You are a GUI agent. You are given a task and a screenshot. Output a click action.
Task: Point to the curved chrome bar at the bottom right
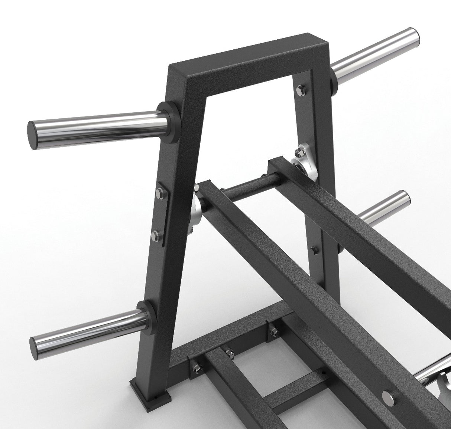coord(431,382)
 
